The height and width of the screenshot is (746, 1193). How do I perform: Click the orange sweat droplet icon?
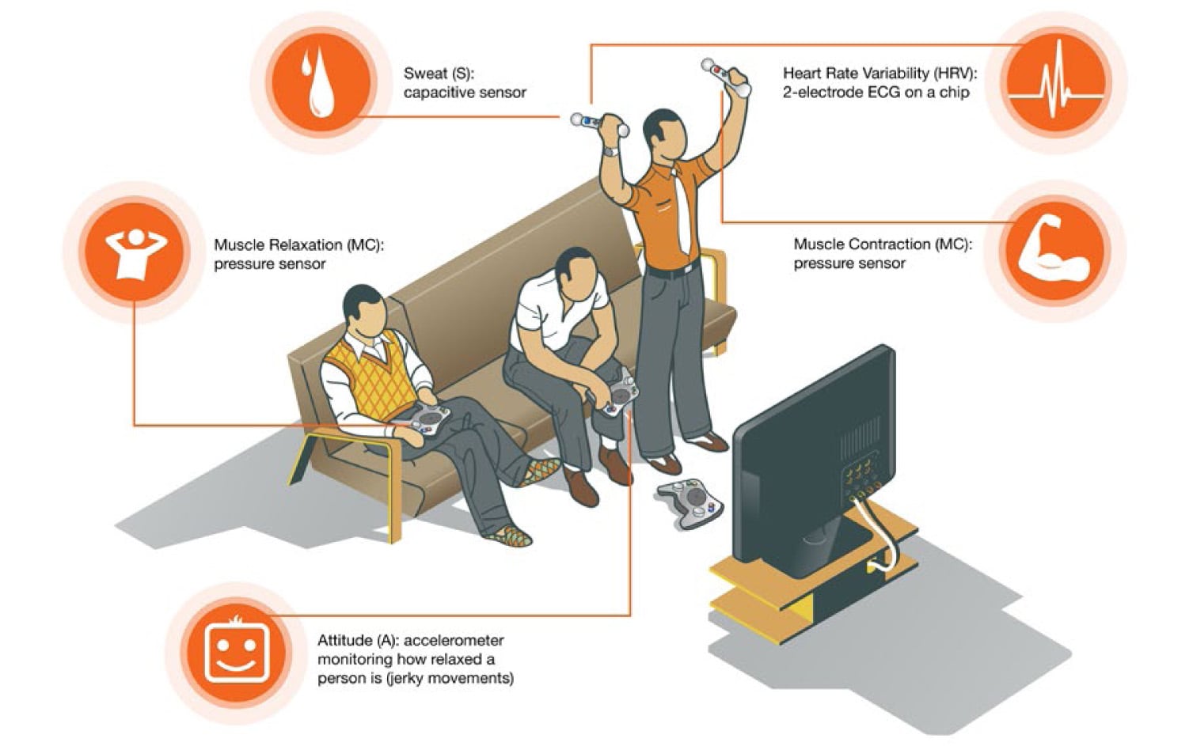[321, 82]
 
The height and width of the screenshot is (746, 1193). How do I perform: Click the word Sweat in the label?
[425, 74]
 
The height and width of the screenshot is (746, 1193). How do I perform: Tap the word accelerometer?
[454, 640]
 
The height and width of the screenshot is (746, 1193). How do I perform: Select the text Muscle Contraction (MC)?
[883, 244]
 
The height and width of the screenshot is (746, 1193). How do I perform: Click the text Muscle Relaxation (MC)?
[298, 245]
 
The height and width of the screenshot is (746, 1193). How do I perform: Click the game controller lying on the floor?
[690, 501]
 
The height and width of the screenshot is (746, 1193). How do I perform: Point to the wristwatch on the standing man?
[610, 150]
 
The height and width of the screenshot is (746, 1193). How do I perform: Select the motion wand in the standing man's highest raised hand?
[724, 77]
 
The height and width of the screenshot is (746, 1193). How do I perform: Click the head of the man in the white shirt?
[575, 272]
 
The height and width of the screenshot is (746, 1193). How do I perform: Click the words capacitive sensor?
[465, 93]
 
